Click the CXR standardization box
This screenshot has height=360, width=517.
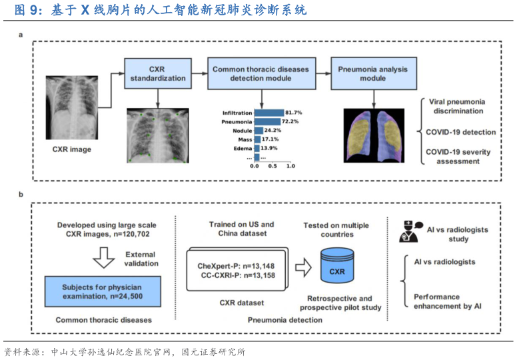[x=158, y=73]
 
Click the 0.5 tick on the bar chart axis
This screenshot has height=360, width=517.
[x=272, y=166]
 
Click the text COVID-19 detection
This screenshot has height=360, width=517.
[x=460, y=132]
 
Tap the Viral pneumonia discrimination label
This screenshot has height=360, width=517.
[x=456, y=106]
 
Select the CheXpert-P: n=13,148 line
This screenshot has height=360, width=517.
[x=236, y=266]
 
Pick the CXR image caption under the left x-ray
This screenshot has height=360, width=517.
[x=71, y=149]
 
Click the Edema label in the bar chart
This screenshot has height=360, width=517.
[x=241, y=149]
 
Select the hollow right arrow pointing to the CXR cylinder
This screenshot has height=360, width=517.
[x=303, y=268]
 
